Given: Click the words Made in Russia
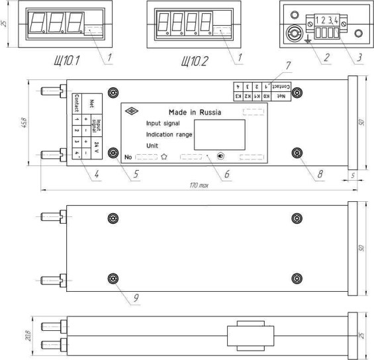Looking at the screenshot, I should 193,112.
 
